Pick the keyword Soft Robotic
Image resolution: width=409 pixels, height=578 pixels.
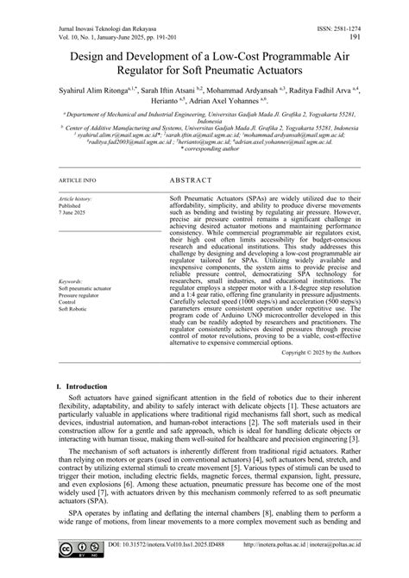pos(73,309)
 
